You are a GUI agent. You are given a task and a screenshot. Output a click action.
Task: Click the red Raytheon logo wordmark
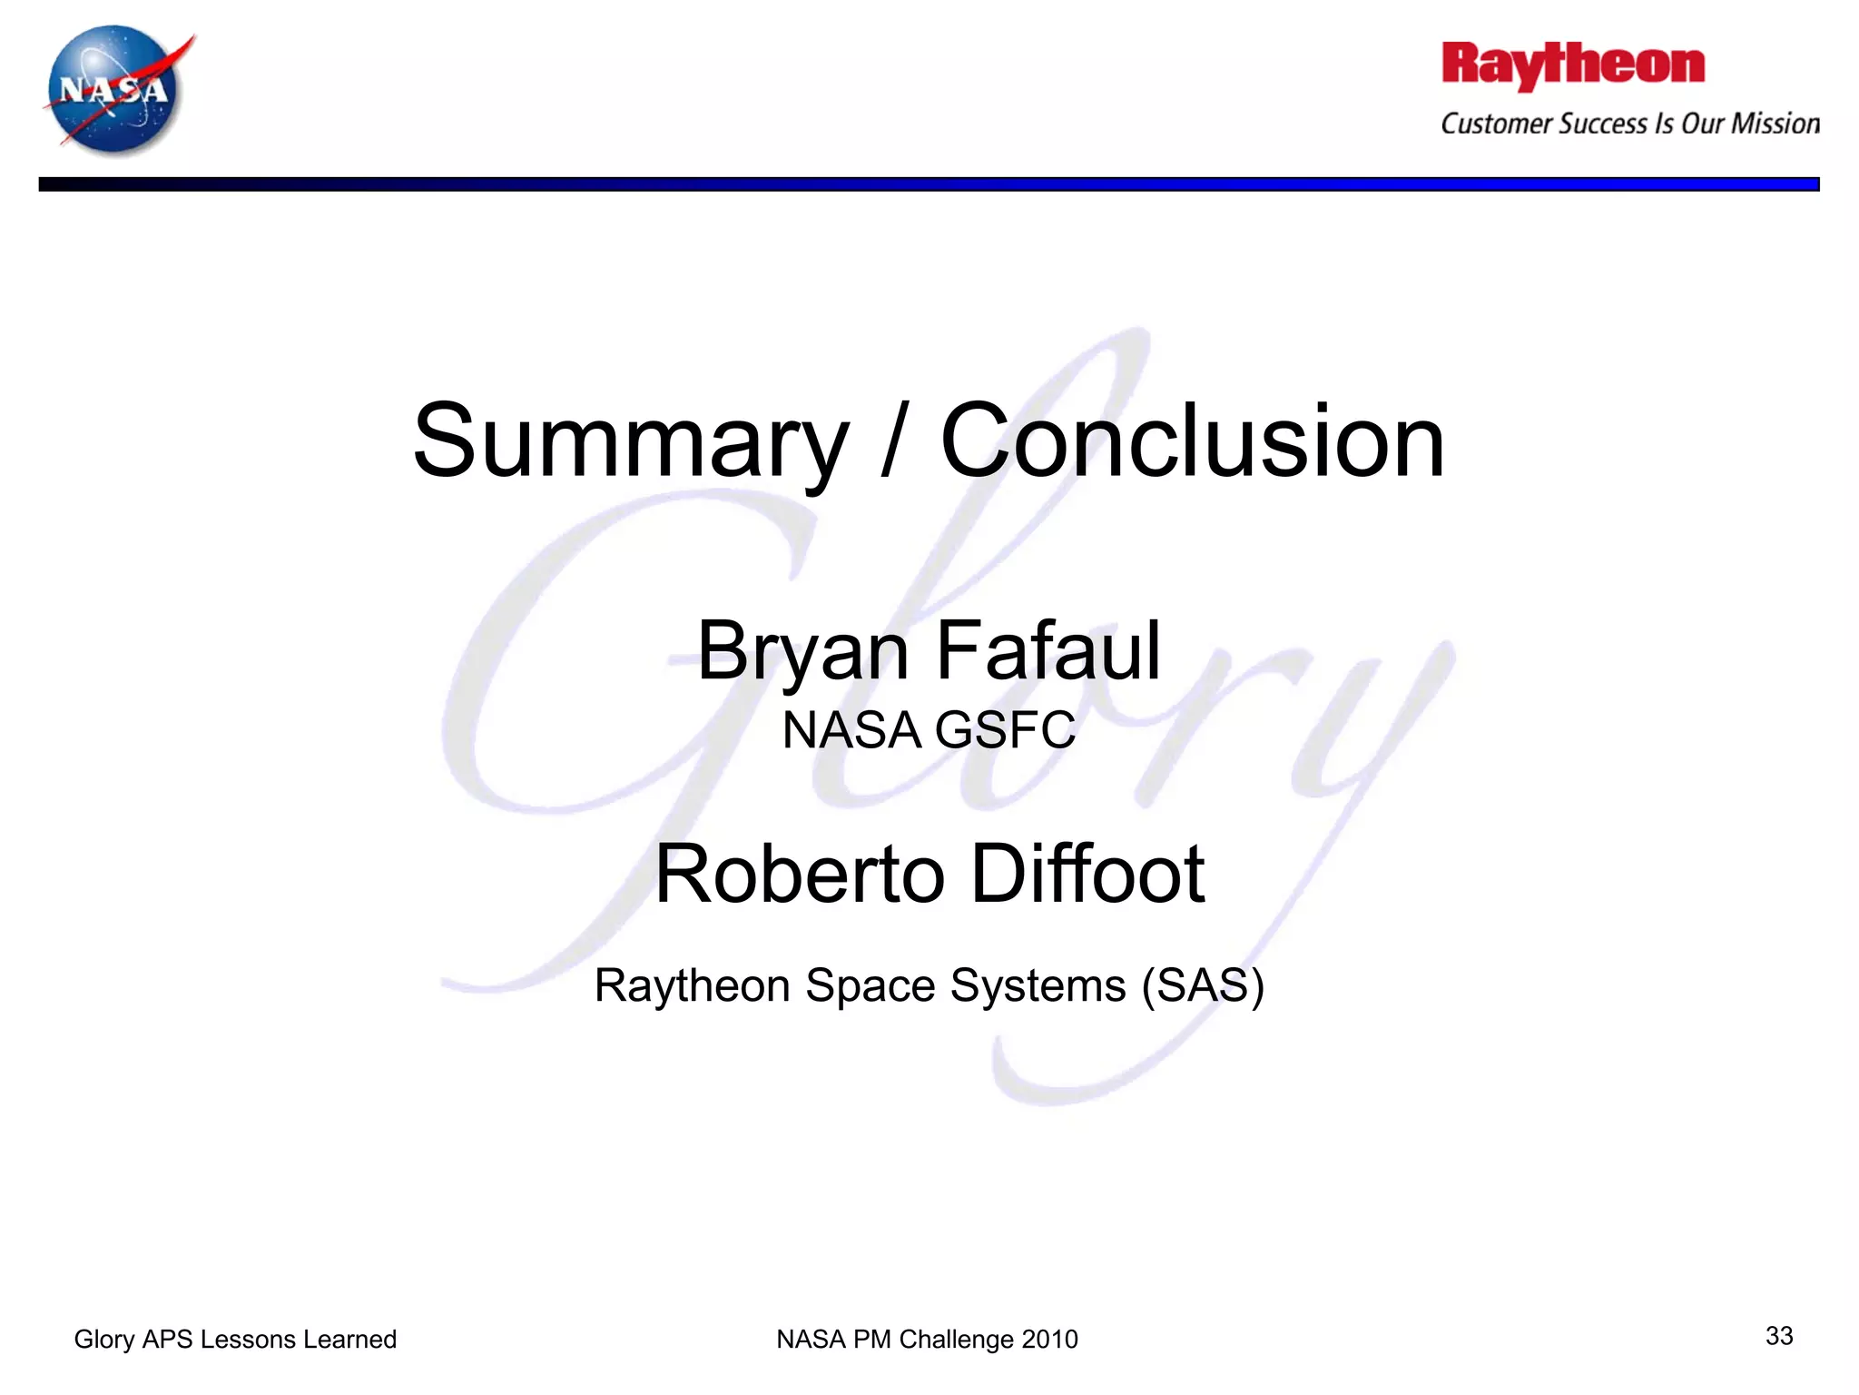[x=1573, y=65]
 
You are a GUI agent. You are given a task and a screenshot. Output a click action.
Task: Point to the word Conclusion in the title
[x=1192, y=442]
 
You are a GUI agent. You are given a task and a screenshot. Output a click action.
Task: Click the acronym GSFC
[x=1006, y=730]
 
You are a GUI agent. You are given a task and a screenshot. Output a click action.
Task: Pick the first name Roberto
[x=800, y=874]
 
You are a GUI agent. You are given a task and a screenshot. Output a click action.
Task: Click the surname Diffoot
[x=1088, y=874]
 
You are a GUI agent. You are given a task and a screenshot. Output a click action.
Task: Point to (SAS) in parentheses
[x=1203, y=985]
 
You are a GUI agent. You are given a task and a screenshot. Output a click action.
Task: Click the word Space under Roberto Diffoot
[x=870, y=985]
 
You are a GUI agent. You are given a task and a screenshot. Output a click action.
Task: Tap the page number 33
[x=1779, y=1336]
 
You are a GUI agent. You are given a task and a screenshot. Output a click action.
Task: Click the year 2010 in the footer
[x=1049, y=1340]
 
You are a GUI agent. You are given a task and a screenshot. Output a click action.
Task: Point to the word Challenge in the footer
[x=956, y=1340]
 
